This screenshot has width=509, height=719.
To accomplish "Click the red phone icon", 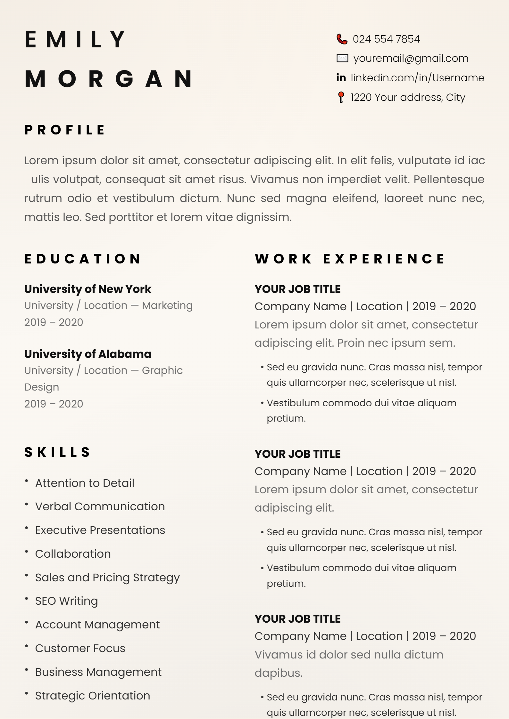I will (x=342, y=39).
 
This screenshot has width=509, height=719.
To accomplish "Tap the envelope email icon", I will (x=342, y=58).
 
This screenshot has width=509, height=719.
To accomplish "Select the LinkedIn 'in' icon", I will (x=341, y=78).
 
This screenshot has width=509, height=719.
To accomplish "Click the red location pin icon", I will (x=341, y=97).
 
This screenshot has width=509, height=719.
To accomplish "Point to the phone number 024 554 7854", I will (x=386, y=39).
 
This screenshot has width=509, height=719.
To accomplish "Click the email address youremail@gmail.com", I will (x=411, y=58).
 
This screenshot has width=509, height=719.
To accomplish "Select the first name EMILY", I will (x=76, y=40).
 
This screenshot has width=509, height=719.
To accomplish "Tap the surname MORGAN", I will (x=109, y=79).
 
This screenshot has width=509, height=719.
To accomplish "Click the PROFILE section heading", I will (x=65, y=130).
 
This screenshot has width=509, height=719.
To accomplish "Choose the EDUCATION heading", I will (x=83, y=259).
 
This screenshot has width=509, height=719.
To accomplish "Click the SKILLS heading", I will (x=57, y=452).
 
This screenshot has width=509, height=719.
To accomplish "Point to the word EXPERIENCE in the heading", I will (x=384, y=259).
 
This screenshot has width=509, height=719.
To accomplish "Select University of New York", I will (x=88, y=289).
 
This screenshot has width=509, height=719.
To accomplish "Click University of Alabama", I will (x=88, y=354).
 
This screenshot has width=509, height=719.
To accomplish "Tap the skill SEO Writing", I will (x=66, y=601).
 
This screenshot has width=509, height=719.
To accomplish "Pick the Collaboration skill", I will (x=73, y=554).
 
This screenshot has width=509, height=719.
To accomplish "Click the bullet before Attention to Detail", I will (x=27, y=481).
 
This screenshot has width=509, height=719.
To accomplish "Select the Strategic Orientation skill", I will (x=93, y=696).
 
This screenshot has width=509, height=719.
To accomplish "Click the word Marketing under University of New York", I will (x=167, y=306).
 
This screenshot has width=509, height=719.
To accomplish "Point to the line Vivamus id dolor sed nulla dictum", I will (x=349, y=655).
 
